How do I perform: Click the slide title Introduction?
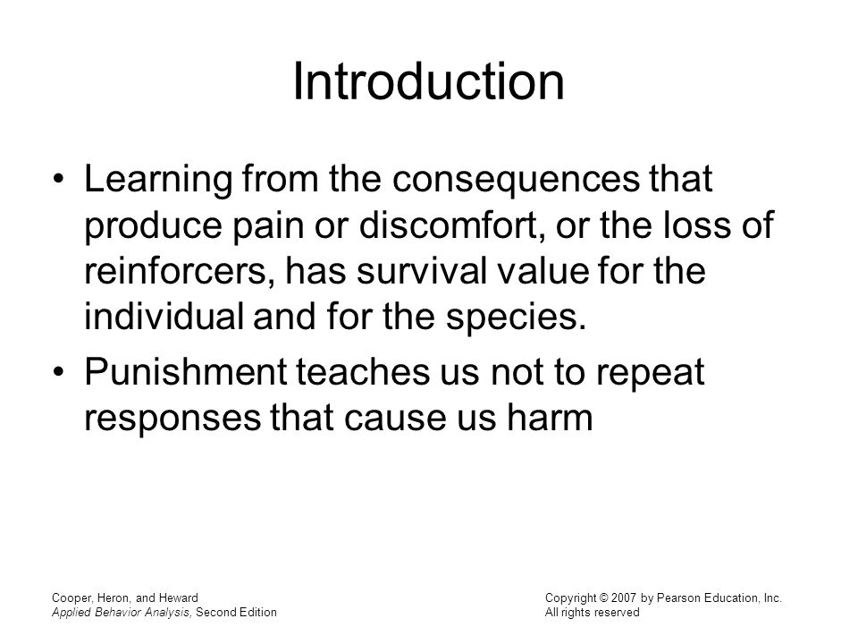click(x=428, y=82)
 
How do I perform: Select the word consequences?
click(x=516, y=181)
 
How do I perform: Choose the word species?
click(x=516, y=318)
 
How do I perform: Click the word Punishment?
click(x=186, y=372)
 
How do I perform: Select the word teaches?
click(x=362, y=372)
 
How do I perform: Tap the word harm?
click(x=550, y=418)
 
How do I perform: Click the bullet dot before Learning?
click(x=59, y=181)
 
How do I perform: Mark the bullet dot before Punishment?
click(x=59, y=372)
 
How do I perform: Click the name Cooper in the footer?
click(x=72, y=598)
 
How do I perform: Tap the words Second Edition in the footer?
click(x=236, y=612)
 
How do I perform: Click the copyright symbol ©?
click(x=603, y=598)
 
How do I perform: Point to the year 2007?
click(x=624, y=598)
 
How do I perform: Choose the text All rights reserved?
click(x=592, y=612)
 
